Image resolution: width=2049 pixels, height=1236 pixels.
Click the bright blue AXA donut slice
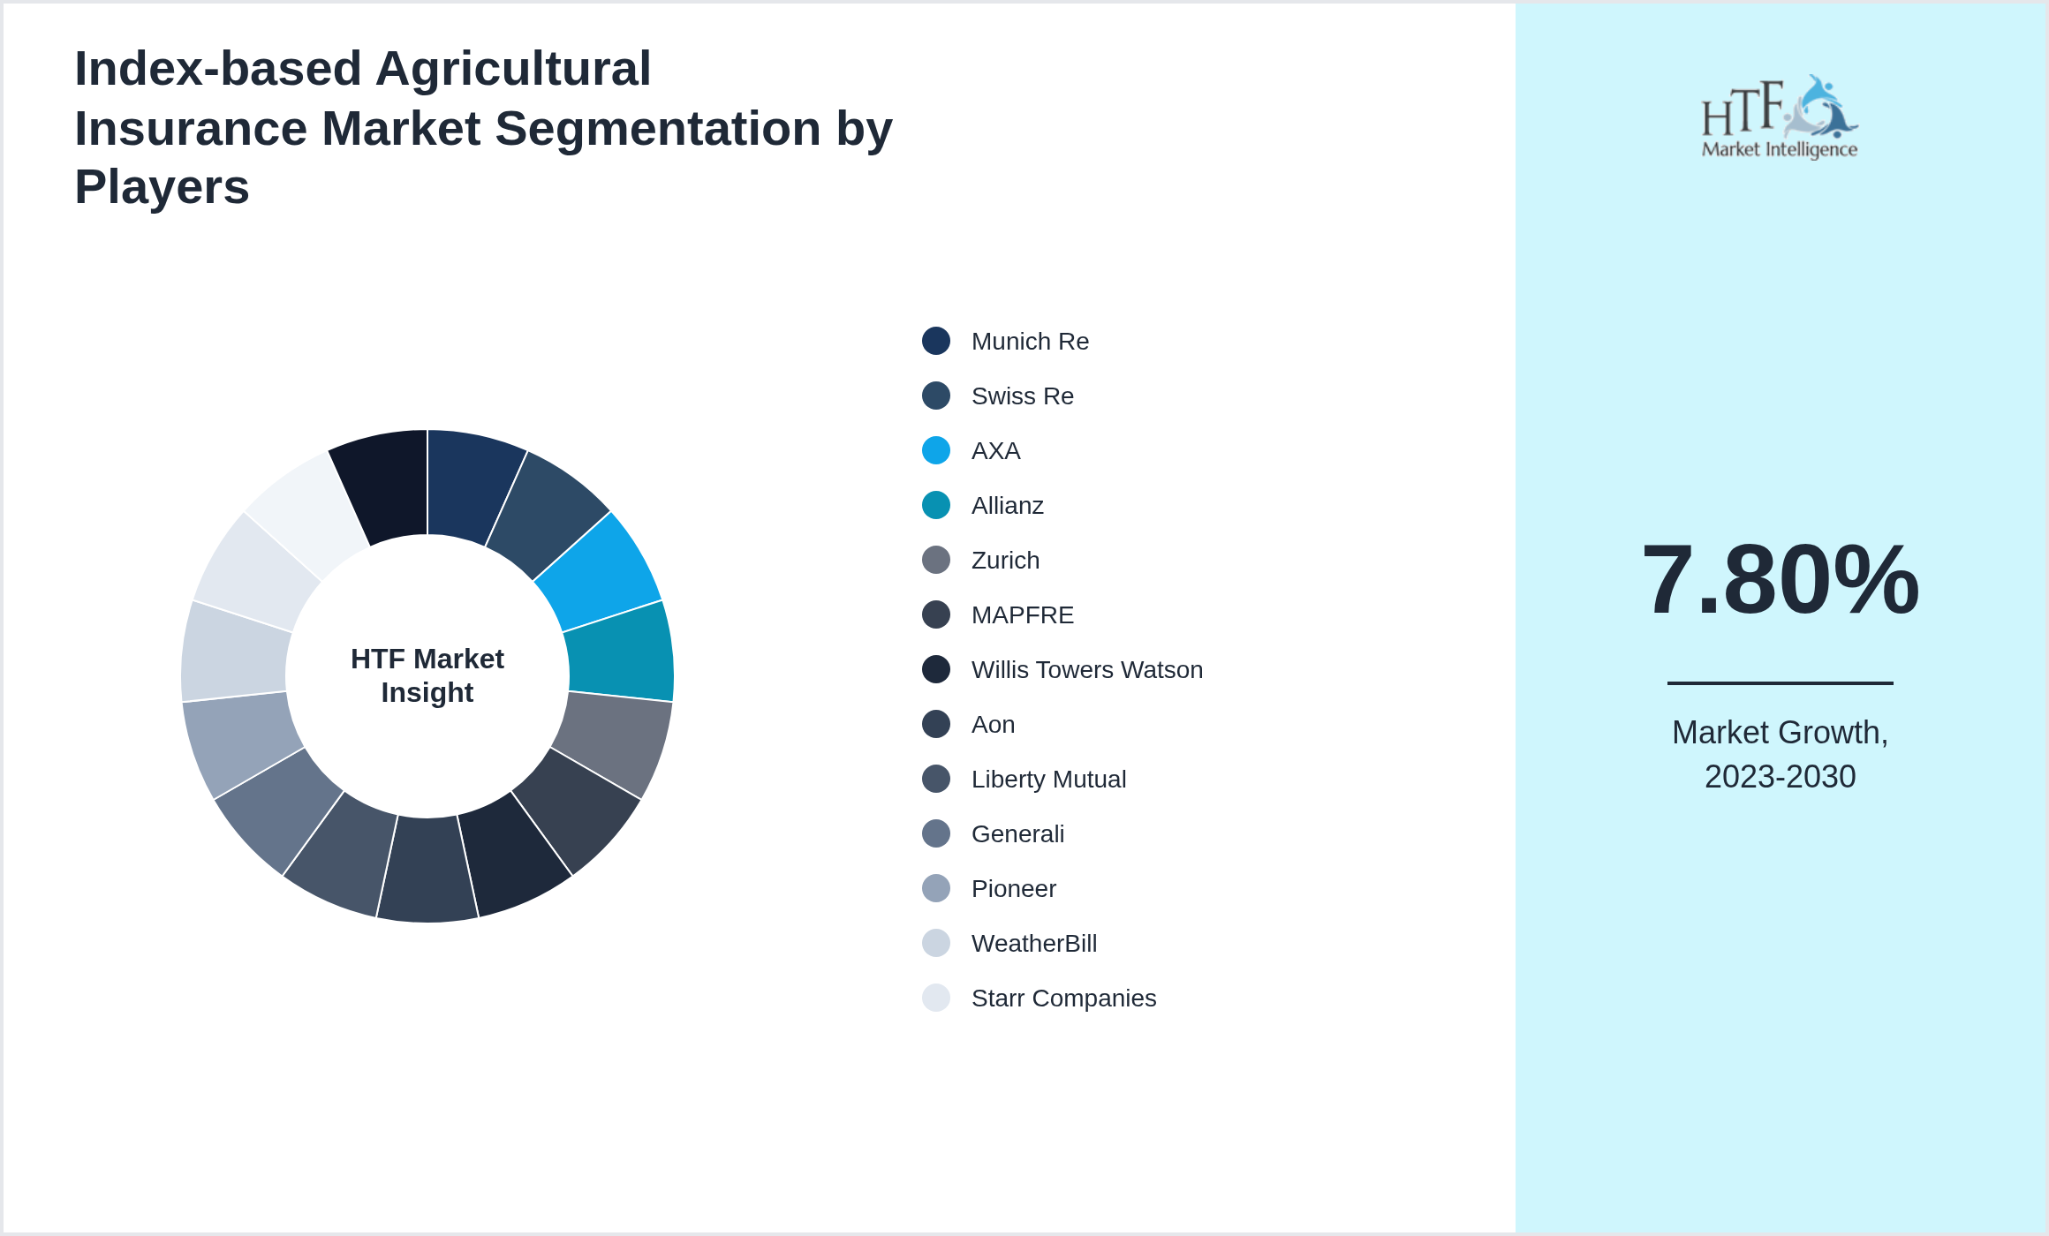pyautogui.click(x=601, y=569)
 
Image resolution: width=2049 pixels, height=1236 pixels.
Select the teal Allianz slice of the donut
pyautogui.click(x=620, y=653)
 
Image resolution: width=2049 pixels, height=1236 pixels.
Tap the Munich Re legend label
pyautogui.click(x=1030, y=342)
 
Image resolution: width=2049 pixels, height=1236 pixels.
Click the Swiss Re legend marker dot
pyautogui.click(x=936, y=396)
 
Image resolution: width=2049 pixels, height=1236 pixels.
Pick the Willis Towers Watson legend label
pyautogui.click(x=1086, y=670)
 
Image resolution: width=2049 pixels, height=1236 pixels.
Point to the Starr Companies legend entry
pyautogui.click(x=1063, y=999)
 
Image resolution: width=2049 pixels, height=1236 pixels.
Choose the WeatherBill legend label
pyautogui.click(x=1033, y=944)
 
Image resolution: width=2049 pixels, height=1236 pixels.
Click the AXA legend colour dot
pyautogui.click(x=936, y=450)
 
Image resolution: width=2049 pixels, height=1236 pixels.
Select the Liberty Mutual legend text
pyautogui.click(x=1048, y=780)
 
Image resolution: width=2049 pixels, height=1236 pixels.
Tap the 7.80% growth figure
pyautogui.click(x=1780, y=580)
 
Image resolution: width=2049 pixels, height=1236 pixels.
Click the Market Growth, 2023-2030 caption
pyautogui.click(x=1780, y=755)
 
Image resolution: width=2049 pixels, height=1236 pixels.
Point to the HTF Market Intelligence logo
pyautogui.click(x=1780, y=117)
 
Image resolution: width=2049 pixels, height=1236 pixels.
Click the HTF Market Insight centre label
pyautogui.click(x=427, y=675)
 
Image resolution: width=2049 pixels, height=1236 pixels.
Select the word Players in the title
pyautogui.click(x=163, y=187)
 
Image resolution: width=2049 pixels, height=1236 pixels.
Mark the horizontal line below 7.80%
pyautogui.click(x=1780, y=682)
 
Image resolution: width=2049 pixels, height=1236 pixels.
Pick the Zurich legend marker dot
pyautogui.click(x=936, y=560)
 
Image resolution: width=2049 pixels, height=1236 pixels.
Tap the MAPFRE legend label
pyautogui.click(x=1022, y=615)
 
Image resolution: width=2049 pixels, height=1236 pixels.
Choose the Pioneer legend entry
pyautogui.click(x=1013, y=889)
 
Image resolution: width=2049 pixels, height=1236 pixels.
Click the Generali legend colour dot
pyautogui.click(x=936, y=833)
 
